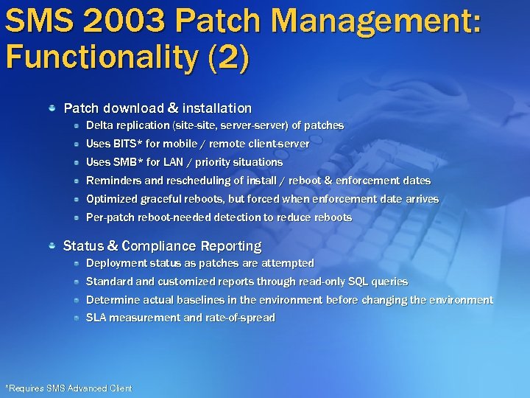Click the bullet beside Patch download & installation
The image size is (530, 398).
click(x=53, y=108)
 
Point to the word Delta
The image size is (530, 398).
click(x=99, y=125)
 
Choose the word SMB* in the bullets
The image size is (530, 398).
click(x=129, y=162)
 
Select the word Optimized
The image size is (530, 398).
click(x=112, y=199)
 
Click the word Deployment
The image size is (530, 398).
click(x=116, y=263)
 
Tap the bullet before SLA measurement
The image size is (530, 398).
click(x=77, y=318)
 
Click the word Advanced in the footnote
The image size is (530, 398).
click(x=87, y=388)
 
